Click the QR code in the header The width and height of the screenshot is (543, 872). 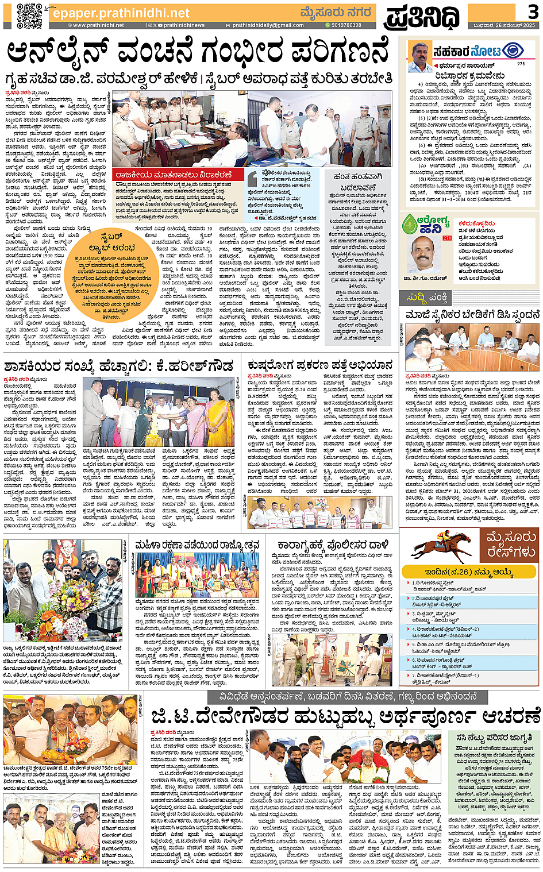29,16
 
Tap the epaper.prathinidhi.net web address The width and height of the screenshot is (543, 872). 120,13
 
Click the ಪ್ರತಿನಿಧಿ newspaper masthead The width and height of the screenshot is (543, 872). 422,17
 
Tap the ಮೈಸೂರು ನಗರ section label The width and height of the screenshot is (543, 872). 336,12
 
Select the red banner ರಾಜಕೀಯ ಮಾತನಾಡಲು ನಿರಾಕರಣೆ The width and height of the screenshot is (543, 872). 174,175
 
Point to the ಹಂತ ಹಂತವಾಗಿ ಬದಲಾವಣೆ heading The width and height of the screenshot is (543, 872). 357,182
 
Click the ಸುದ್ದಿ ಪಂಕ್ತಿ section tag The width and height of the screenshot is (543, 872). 426,298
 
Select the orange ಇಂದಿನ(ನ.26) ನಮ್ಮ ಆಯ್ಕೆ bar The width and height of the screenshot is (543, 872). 469,572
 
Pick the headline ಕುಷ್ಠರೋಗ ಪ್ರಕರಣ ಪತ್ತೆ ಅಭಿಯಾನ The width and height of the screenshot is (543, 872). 320,365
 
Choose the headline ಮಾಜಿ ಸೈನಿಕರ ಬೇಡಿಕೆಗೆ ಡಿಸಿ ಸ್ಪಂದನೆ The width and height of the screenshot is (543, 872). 472,315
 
